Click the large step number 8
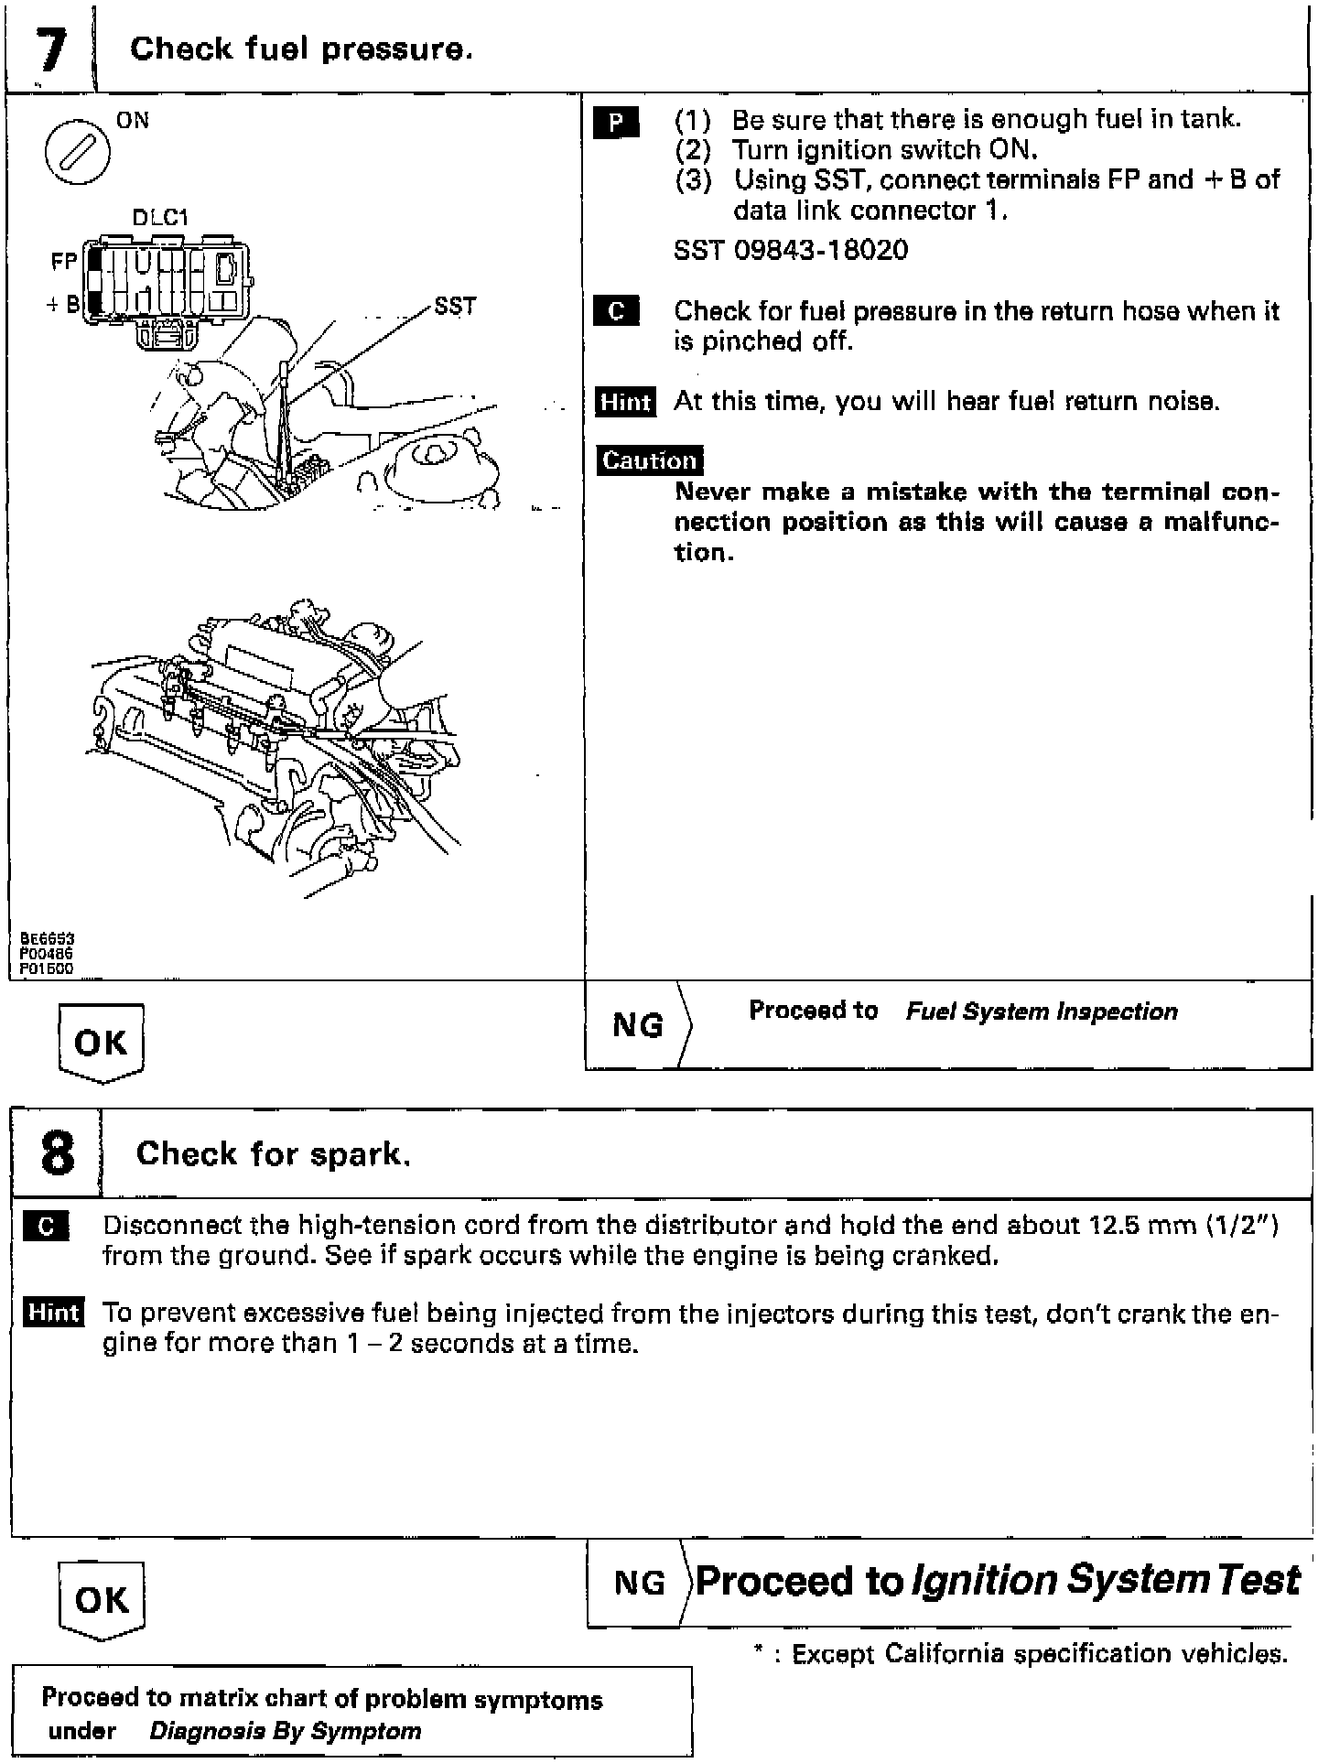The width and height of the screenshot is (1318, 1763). click(x=57, y=1152)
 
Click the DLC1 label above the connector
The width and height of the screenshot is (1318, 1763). click(x=160, y=218)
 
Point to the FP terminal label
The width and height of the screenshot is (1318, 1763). click(x=64, y=262)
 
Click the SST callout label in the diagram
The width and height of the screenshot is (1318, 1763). click(x=455, y=306)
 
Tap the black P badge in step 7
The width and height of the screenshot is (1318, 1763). click(x=616, y=123)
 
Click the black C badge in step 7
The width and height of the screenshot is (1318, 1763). click(x=616, y=312)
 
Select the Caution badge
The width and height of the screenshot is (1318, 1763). click(x=650, y=460)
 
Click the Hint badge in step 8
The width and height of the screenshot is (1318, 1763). click(x=53, y=1313)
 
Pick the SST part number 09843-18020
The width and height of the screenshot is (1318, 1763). click(x=791, y=251)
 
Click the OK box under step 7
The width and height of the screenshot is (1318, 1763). click(x=101, y=1042)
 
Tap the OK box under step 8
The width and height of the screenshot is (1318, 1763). click(x=101, y=1599)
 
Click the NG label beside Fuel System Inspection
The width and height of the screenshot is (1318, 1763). click(x=637, y=1025)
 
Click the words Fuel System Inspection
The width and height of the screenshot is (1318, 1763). click(x=1042, y=1011)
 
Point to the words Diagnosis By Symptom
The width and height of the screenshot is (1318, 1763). click(x=285, y=1731)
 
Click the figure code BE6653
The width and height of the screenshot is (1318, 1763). click(x=48, y=938)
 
